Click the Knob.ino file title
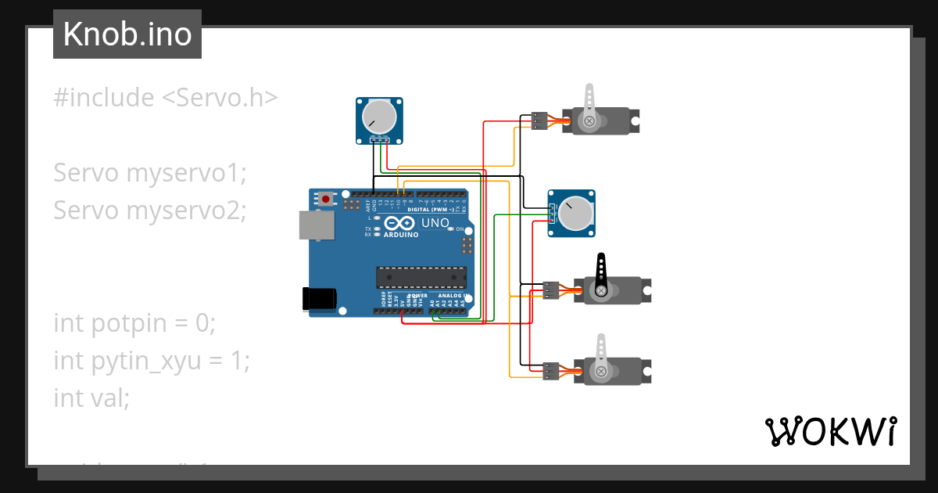(x=127, y=34)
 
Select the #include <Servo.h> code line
(x=165, y=98)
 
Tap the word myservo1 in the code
(x=185, y=173)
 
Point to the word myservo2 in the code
(x=185, y=211)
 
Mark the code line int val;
(x=91, y=398)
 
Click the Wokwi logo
(x=830, y=432)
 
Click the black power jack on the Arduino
(x=320, y=298)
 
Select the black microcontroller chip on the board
(x=421, y=278)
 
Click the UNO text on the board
(x=435, y=223)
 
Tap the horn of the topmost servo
(x=589, y=106)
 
